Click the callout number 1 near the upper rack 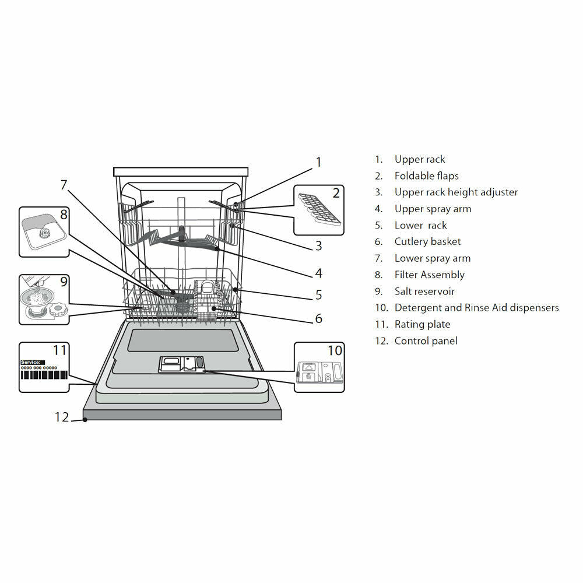click(x=318, y=162)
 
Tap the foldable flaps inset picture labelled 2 click(x=318, y=209)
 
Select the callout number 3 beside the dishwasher click(x=318, y=246)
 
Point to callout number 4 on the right click(x=318, y=273)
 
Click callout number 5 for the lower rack click(x=318, y=295)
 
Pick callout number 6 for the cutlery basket click(x=318, y=318)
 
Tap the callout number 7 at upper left click(x=64, y=185)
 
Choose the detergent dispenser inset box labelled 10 click(x=319, y=367)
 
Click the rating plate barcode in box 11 click(x=44, y=382)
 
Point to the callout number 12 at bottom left click(x=62, y=417)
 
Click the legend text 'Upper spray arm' click(x=433, y=209)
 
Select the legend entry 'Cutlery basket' click(x=427, y=241)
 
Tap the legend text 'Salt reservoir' click(x=424, y=291)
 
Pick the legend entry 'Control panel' click(x=426, y=340)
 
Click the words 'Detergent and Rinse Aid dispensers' click(x=476, y=307)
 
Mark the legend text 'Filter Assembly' click(x=429, y=275)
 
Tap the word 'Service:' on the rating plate click(x=32, y=362)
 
